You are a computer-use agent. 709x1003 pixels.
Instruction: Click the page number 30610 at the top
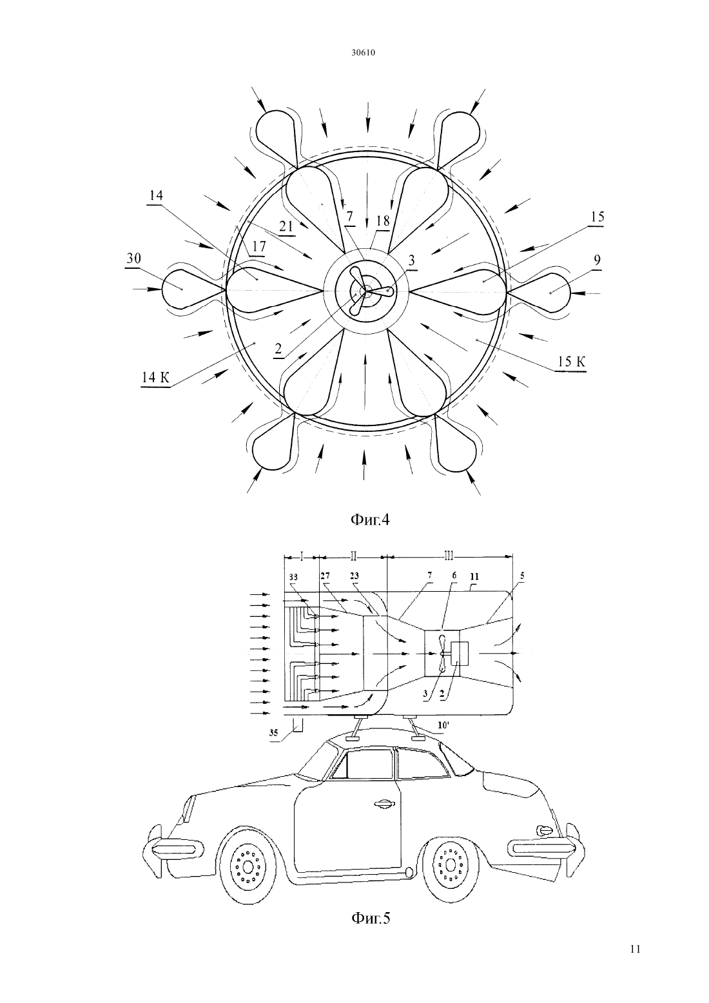pyautogui.click(x=363, y=53)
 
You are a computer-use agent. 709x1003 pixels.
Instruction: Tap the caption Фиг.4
pyautogui.click(x=370, y=520)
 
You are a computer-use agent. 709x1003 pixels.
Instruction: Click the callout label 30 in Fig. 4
pyautogui.click(x=134, y=259)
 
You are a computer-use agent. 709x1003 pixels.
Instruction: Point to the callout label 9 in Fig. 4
pyautogui.click(x=597, y=260)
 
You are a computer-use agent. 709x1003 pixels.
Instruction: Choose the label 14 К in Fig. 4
pyautogui.click(x=156, y=378)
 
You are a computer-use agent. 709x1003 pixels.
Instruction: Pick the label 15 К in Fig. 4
pyautogui.click(x=572, y=362)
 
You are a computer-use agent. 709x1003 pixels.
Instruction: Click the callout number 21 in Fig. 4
pyautogui.click(x=286, y=226)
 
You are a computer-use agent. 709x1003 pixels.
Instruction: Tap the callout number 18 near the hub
pyautogui.click(x=383, y=220)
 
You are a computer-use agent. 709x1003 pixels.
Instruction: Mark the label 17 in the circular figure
pyautogui.click(x=259, y=246)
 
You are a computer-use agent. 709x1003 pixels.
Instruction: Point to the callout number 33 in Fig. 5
pyautogui.click(x=293, y=577)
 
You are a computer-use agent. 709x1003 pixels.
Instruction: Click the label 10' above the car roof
pyautogui.click(x=443, y=725)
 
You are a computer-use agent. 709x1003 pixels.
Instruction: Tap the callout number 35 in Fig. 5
pyautogui.click(x=273, y=732)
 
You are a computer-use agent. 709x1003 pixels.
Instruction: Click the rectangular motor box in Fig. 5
pyautogui.click(x=459, y=653)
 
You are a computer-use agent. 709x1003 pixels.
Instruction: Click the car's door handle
pyautogui.click(x=385, y=804)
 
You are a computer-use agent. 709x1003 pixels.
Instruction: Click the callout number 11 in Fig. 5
pyautogui.click(x=474, y=577)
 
